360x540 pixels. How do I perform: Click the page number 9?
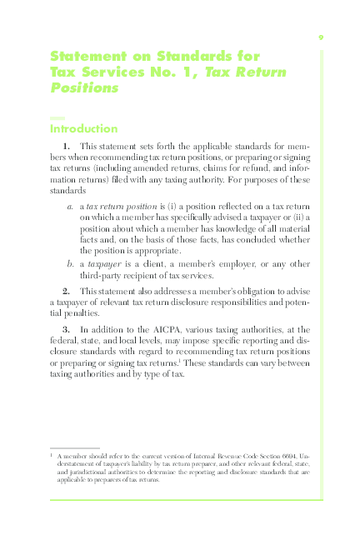321,37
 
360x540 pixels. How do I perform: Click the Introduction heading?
84,129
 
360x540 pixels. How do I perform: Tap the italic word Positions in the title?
84,87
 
